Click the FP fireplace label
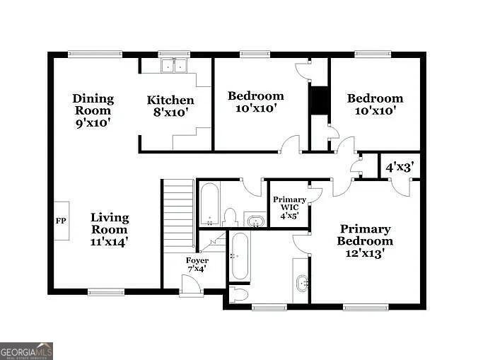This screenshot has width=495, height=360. click(61, 221)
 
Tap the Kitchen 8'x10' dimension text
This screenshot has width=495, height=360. click(171, 112)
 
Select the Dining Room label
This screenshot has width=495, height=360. click(93, 105)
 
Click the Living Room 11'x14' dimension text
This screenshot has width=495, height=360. click(109, 242)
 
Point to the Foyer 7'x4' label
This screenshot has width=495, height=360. click(197, 265)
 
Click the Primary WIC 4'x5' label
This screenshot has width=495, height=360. click(289, 207)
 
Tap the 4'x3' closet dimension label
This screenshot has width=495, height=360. click(400, 167)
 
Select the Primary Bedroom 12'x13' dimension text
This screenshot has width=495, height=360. click(365, 253)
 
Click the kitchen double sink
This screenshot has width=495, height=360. click(174, 65)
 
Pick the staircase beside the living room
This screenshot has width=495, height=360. click(178, 213)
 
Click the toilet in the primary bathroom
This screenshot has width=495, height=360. click(238, 294)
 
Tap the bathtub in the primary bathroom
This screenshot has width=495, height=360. click(240, 256)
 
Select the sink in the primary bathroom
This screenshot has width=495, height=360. click(302, 284)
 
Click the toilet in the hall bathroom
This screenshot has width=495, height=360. click(230, 217)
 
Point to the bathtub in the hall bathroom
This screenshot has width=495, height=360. click(209, 204)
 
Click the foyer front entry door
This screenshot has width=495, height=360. click(192, 286)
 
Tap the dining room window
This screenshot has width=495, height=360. click(95, 54)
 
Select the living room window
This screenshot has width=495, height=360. click(106, 292)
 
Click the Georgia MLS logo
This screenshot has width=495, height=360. click(26, 351)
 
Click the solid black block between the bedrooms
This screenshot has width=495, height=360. click(320, 100)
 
